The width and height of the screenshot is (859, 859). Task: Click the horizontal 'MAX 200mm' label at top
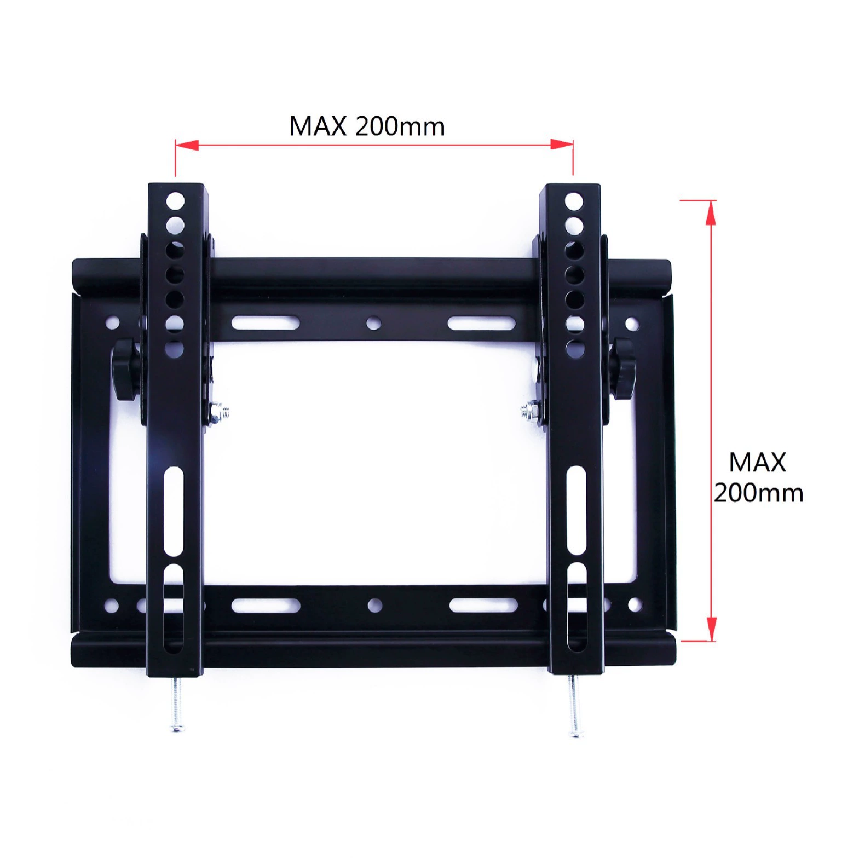(x=367, y=126)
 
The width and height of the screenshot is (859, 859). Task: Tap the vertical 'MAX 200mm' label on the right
(x=758, y=477)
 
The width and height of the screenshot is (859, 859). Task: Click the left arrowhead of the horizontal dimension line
(x=187, y=145)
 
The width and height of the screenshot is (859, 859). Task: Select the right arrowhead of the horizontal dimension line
(x=562, y=145)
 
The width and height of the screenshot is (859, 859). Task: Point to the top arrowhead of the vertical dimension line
(x=711, y=213)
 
